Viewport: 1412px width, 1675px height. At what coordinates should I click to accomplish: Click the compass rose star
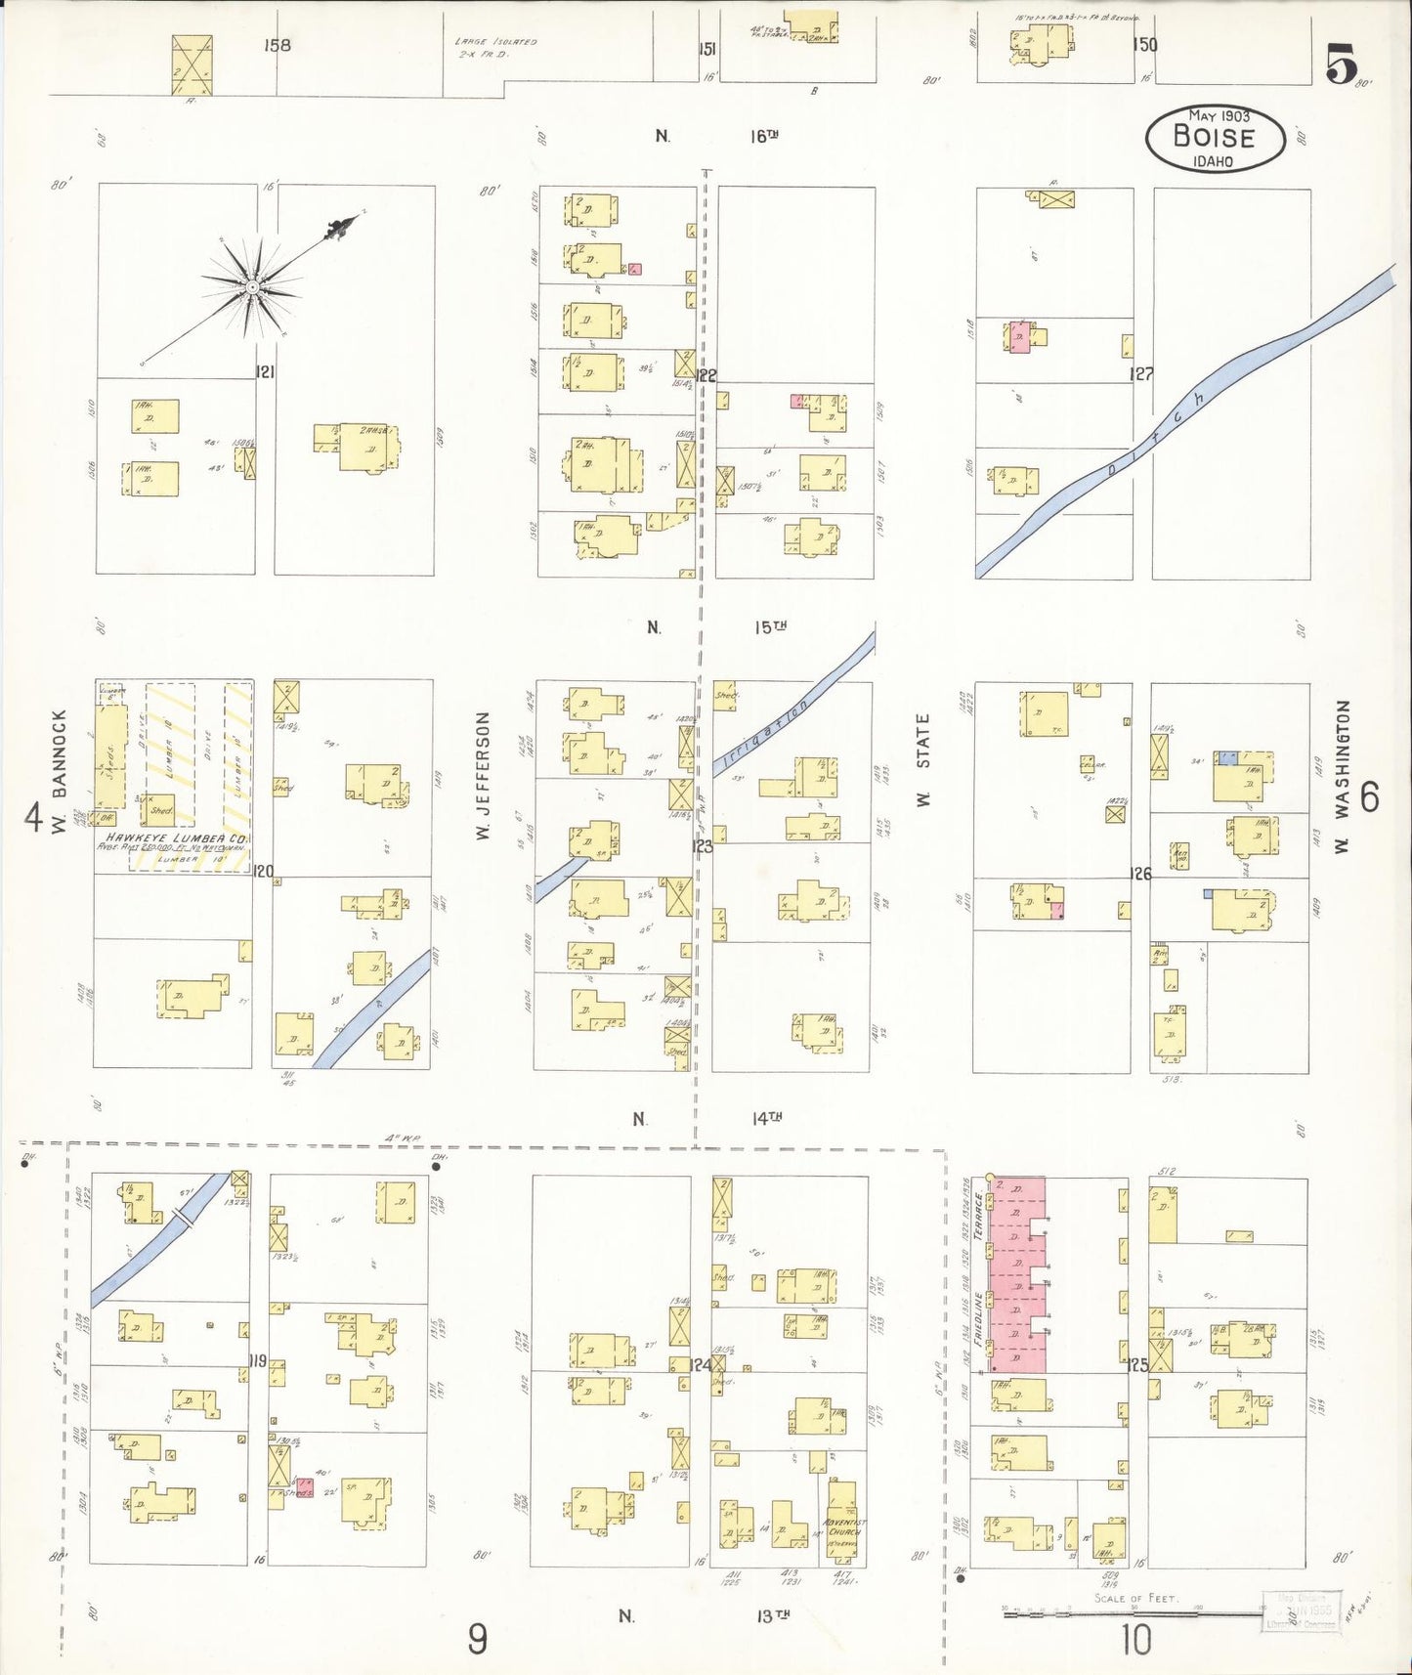point(251,286)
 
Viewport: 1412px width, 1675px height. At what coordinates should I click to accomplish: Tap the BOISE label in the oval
point(1214,138)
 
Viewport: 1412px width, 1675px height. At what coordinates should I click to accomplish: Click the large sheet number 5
point(1341,64)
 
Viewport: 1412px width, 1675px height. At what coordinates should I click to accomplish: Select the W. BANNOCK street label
point(60,772)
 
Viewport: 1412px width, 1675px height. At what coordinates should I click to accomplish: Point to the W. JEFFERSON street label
point(482,776)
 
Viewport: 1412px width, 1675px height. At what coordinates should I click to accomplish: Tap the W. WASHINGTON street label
point(1343,776)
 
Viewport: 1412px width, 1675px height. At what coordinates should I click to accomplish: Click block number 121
point(264,371)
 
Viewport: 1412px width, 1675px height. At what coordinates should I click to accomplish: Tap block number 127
point(1140,373)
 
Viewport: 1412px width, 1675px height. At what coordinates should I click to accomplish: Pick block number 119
point(257,1360)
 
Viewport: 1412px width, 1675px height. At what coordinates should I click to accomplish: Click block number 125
point(1138,1364)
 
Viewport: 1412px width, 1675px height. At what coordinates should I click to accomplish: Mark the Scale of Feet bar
point(1134,1614)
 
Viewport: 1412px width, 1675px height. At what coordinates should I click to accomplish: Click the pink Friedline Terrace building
point(1017,1275)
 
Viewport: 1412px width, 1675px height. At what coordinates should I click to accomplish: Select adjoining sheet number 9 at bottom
point(476,1638)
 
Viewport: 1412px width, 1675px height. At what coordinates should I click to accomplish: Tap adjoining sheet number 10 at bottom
point(1135,1639)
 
